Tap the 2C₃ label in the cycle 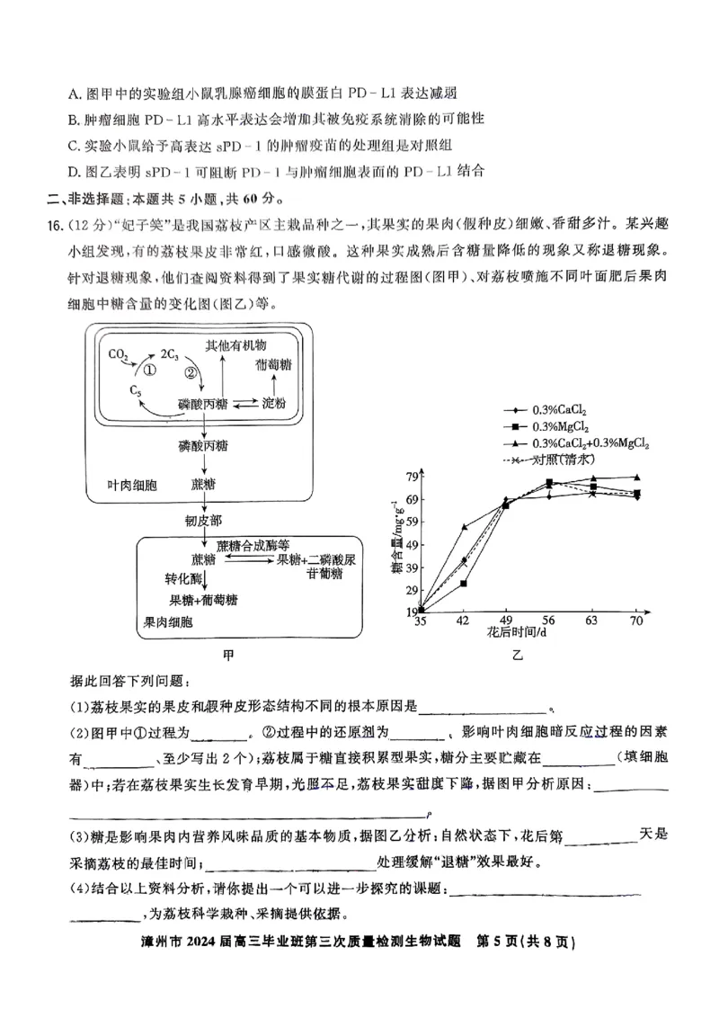pos(171,353)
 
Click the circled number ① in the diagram pos(149,370)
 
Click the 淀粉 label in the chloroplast pos(273,404)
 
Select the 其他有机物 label pos(236,345)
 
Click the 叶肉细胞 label pos(132,485)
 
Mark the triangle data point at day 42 pos(464,527)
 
